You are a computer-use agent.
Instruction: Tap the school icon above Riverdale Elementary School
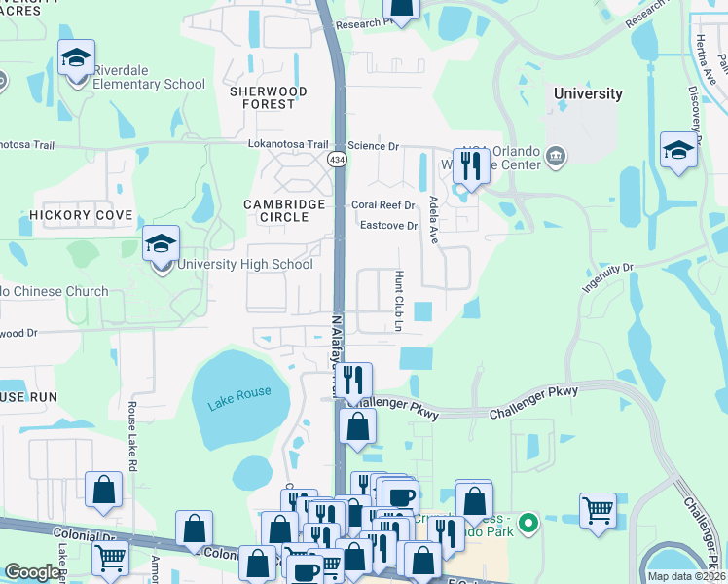[x=76, y=59]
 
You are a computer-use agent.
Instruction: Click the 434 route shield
[x=337, y=159]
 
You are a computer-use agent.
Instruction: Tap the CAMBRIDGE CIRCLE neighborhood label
[x=285, y=210]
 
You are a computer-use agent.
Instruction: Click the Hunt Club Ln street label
[x=398, y=301]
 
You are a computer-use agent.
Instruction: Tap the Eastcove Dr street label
[x=388, y=226]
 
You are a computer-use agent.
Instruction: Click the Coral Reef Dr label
[x=383, y=205]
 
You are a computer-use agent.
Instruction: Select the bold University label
[x=587, y=93]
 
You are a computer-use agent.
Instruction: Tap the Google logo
[x=32, y=572]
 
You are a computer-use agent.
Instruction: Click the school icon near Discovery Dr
[x=678, y=151]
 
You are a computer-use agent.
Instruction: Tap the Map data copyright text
[x=686, y=576]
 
